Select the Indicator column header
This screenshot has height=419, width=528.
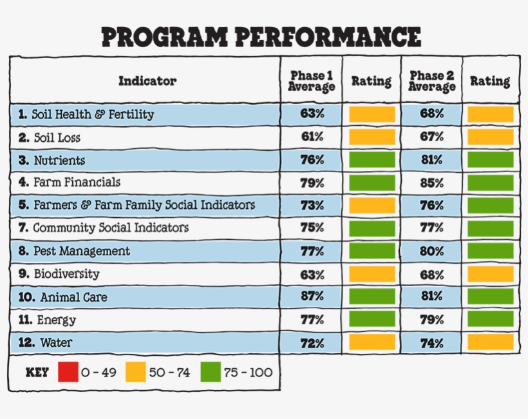pos(147,81)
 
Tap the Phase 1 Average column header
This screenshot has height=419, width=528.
pos(312,81)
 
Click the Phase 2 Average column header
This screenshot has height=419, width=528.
pos(432,81)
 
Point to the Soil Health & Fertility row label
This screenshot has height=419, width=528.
pos(86,115)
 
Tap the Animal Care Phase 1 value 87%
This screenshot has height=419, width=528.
pos(312,297)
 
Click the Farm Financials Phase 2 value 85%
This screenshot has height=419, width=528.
pos(432,183)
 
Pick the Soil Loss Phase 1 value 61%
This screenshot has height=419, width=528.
pos(312,137)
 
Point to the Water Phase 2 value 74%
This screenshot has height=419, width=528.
pos(432,344)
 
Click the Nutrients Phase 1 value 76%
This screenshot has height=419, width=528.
pos(312,161)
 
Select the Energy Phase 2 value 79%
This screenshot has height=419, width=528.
pos(432,320)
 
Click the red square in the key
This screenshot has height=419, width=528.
pos(68,372)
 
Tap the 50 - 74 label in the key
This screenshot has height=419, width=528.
pos(169,373)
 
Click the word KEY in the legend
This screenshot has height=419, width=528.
pos(37,373)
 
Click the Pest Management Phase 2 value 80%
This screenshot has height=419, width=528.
pos(432,251)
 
